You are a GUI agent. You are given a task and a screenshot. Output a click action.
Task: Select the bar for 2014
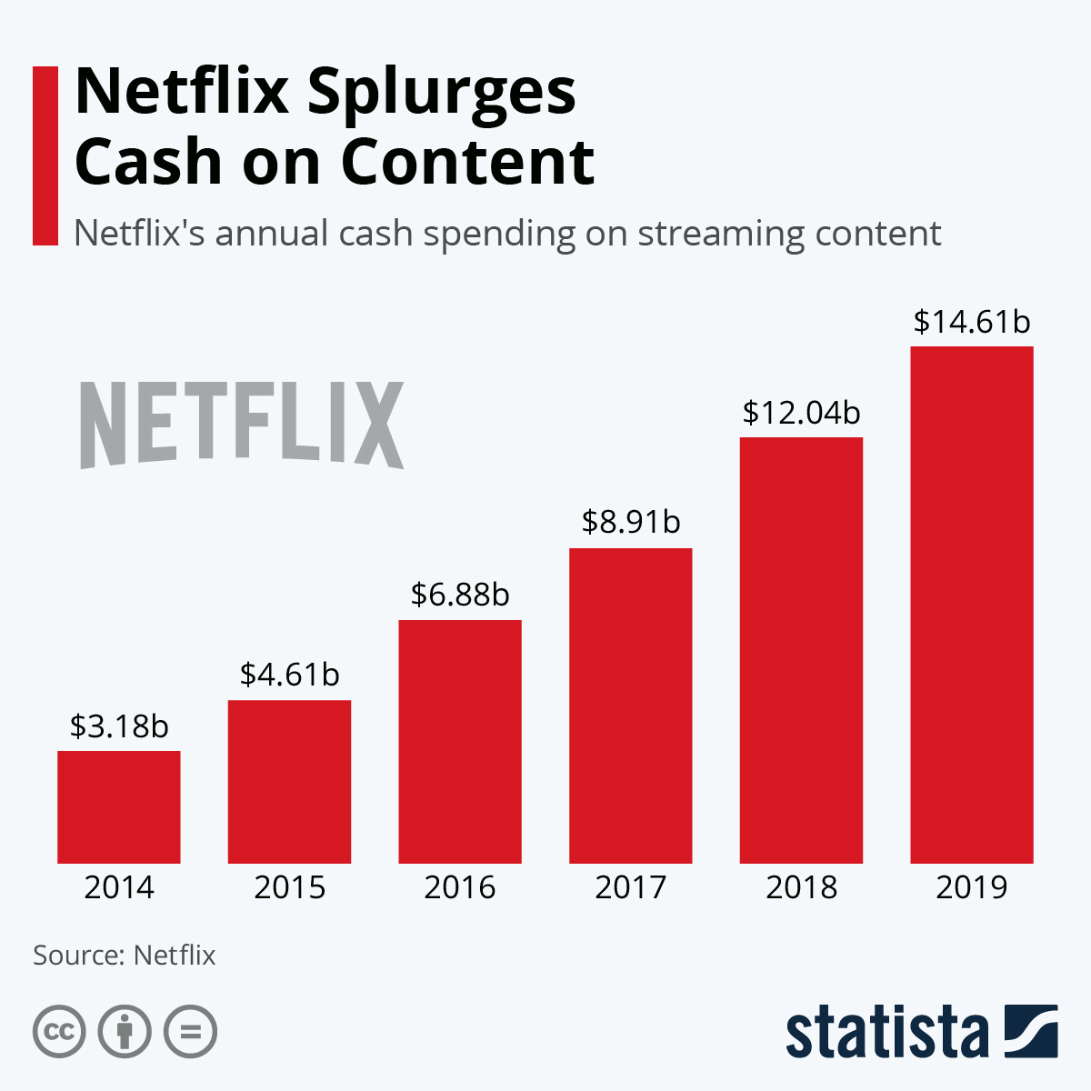[119, 806]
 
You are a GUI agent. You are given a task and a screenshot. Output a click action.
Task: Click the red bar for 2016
[460, 741]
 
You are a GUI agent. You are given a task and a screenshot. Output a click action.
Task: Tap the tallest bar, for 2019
[972, 605]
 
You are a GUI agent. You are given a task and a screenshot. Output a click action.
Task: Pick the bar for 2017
[631, 706]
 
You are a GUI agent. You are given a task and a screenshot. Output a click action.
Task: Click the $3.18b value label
[119, 726]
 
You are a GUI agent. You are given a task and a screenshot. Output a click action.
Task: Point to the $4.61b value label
[289, 675]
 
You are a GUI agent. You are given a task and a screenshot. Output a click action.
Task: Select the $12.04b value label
[801, 413]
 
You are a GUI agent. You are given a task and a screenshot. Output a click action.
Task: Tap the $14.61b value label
[972, 322]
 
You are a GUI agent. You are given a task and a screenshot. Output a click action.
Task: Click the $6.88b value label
[460, 595]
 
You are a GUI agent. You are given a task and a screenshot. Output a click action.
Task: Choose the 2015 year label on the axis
[289, 887]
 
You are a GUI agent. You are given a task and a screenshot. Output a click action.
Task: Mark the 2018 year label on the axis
[801, 887]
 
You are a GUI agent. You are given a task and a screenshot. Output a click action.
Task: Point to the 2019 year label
[972, 887]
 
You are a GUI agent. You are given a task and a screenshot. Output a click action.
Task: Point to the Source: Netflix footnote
[125, 956]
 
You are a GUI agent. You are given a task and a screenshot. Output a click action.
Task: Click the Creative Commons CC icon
[59, 1032]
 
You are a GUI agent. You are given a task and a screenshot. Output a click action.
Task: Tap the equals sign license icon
[190, 1032]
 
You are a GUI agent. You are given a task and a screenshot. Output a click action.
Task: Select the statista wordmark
[886, 1033]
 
